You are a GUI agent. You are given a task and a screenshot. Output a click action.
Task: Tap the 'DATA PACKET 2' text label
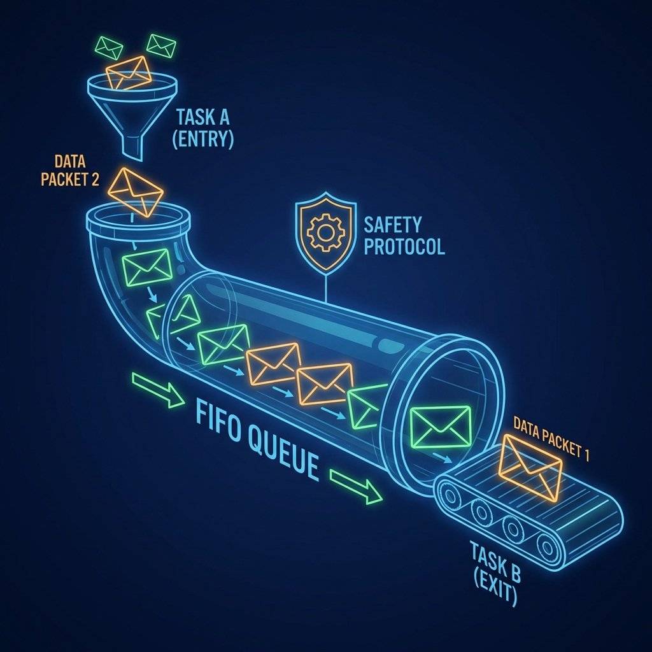pos(69,169)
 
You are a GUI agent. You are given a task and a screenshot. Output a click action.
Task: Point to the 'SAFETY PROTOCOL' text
pos(402,235)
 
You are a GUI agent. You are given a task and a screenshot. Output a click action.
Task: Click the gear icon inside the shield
pos(325,230)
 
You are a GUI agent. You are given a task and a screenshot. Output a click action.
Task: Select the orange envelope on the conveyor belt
pos(531,467)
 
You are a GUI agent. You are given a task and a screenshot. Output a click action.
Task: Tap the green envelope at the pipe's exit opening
pos(441,425)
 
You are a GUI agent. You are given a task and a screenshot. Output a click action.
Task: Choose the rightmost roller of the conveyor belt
pos(546,544)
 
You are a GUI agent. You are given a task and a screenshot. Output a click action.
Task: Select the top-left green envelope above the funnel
pos(108,47)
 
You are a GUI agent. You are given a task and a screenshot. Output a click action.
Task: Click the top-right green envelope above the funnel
pos(160,45)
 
